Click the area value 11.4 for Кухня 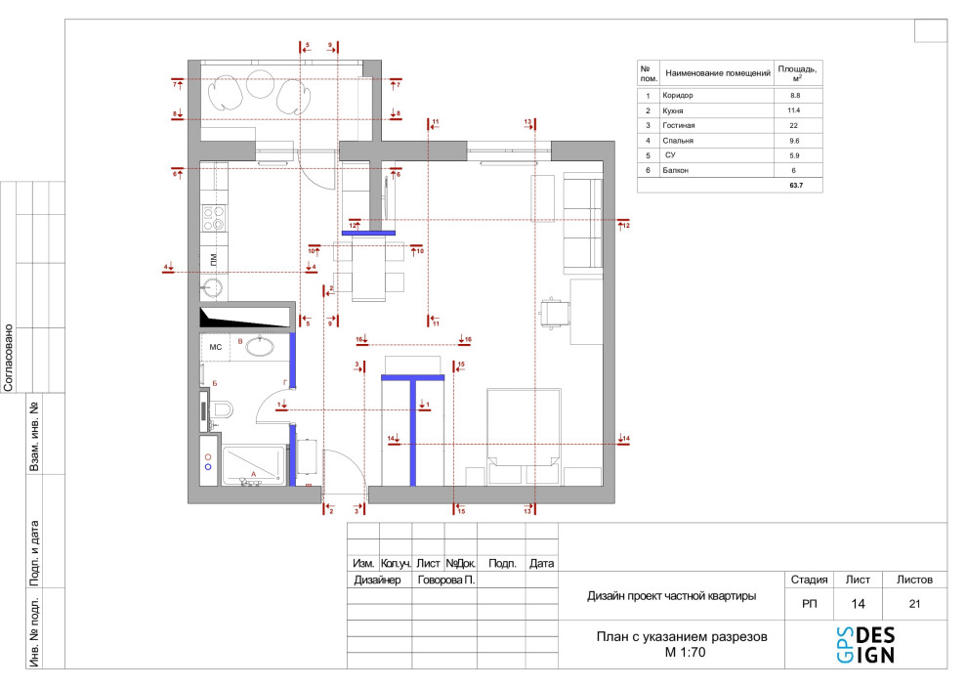pos(794,110)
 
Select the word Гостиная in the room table pos(679,125)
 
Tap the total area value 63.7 pos(796,185)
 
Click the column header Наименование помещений pos(718,73)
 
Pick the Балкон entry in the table pos(675,170)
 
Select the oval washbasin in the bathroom pos(260,346)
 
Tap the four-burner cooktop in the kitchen pos(214,219)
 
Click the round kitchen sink pos(212,287)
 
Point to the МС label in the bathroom pos(215,347)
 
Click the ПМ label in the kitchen pos(214,259)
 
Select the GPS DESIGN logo pos(865,645)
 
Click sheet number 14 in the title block pos(858,604)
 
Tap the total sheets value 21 pos(914,604)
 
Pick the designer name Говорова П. pos(445,580)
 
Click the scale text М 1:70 pos(685,652)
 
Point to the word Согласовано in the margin pos(9,358)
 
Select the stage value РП pos(809,604)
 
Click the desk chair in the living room pos(555,313)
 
